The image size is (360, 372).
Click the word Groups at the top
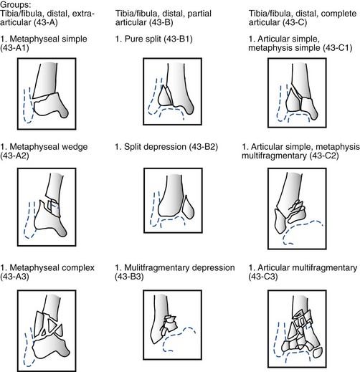14,4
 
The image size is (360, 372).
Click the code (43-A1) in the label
14,48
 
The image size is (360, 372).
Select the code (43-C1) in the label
338,48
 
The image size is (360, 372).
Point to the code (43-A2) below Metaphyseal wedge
14,156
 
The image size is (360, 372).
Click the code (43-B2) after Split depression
204,147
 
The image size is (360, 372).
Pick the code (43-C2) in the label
324,156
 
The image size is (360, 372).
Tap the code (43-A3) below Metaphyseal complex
14,277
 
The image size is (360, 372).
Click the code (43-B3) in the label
129,277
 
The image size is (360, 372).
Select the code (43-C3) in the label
263,277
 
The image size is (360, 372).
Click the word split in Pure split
153,39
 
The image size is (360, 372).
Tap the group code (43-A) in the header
45,22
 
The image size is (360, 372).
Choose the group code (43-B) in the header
161,22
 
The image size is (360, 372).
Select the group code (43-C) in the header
295,22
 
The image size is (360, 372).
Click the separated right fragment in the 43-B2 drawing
188,207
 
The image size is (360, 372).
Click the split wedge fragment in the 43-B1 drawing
165,97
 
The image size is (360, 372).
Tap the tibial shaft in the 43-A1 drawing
45,80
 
